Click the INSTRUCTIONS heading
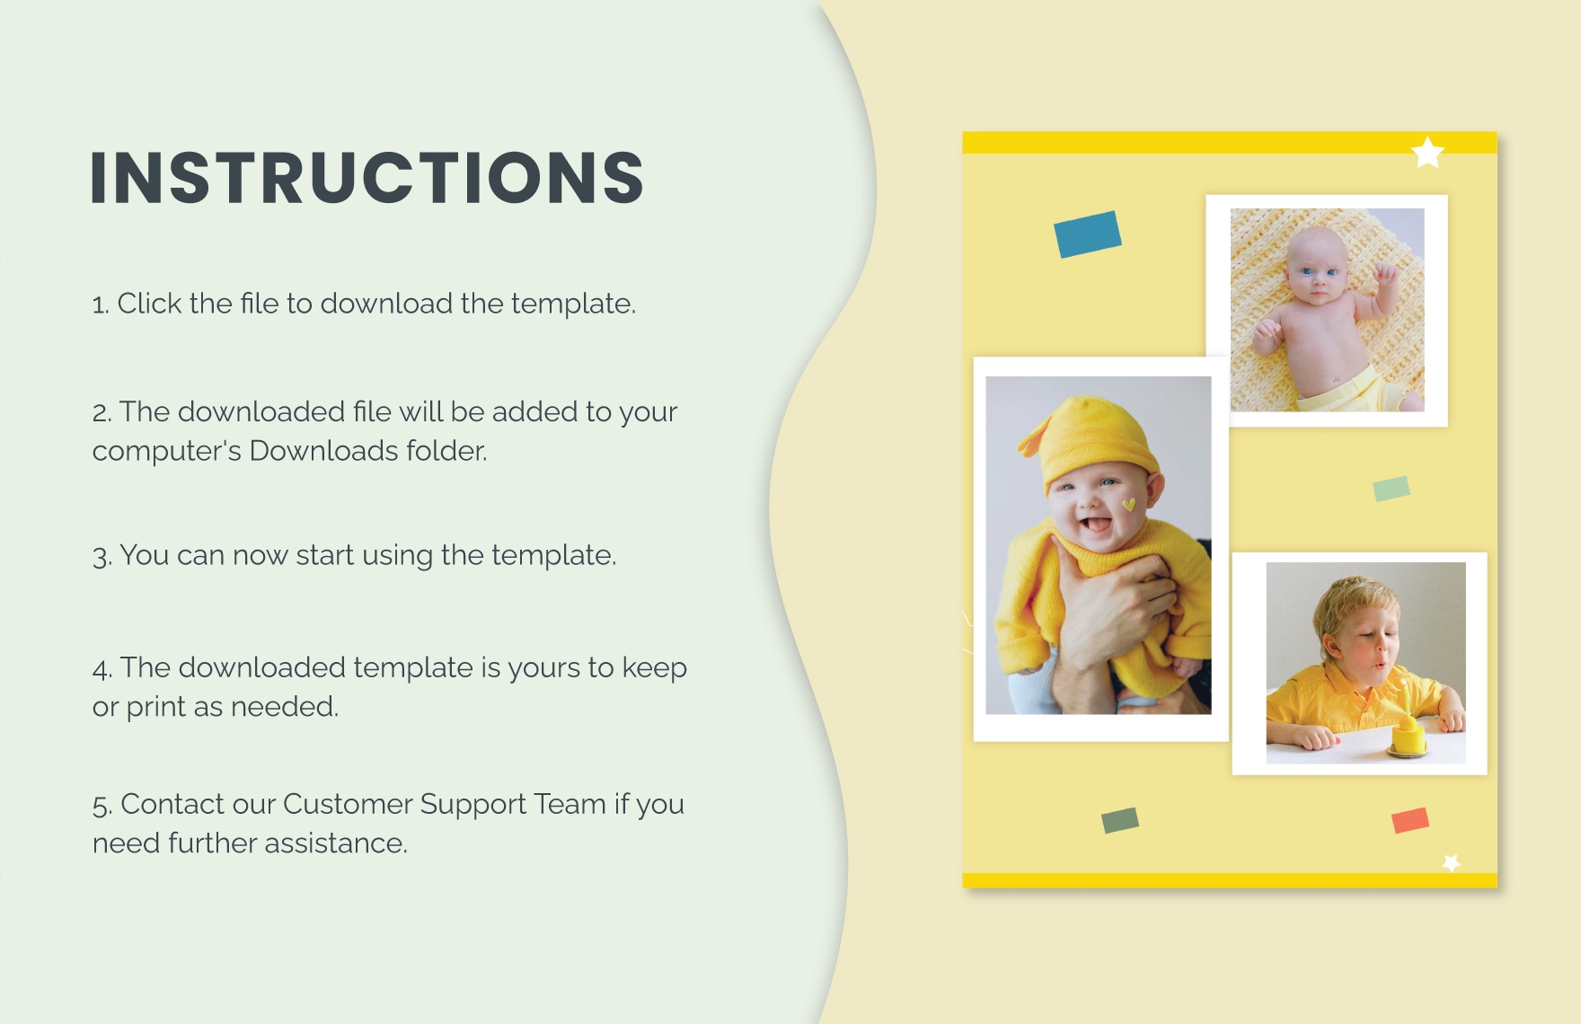367,177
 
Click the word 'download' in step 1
386,304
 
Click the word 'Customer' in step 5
347,804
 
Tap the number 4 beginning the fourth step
101,669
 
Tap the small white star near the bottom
1451,862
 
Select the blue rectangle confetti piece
1087,234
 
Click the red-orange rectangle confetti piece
1409,820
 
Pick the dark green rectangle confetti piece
1119,819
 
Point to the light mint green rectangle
1391,488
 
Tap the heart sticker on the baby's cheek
1129,505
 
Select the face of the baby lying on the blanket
1315,269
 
